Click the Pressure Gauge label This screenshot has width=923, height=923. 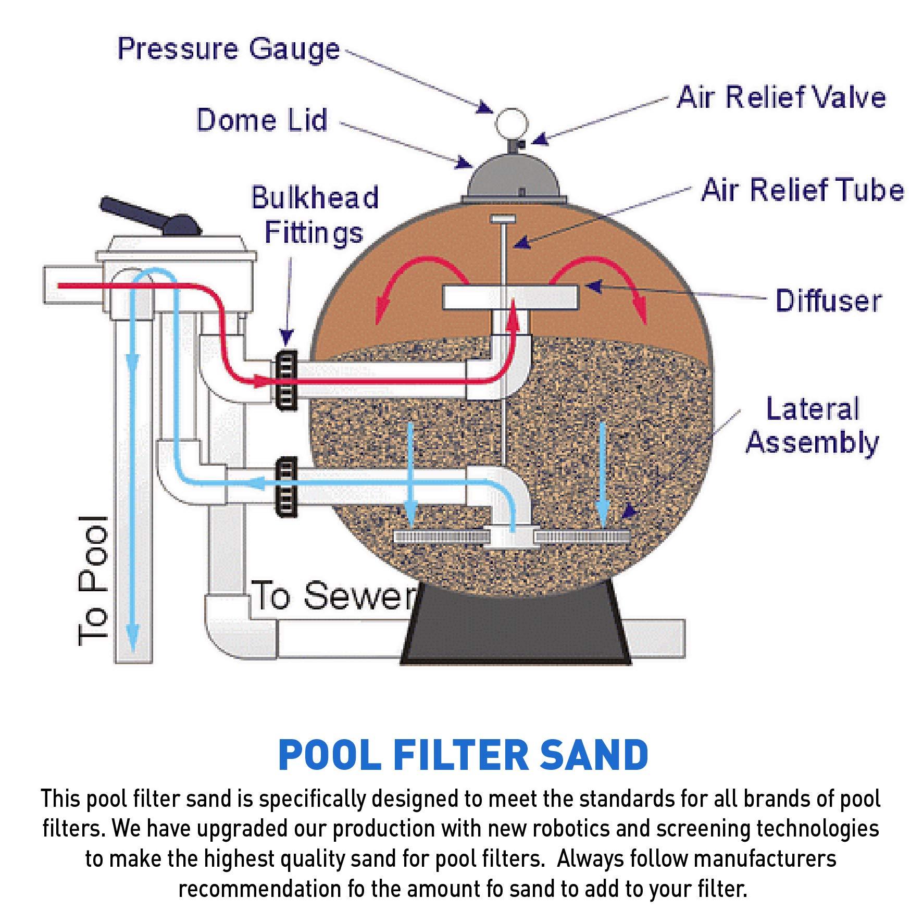pos(228,49)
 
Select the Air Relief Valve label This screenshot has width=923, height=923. pos(781,97)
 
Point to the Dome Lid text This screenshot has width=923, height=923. pos(262,120)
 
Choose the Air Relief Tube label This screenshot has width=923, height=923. pos(802,190)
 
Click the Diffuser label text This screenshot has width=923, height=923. pos(828,301)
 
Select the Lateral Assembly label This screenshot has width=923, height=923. pos(812,426)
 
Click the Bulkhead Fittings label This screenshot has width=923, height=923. pos(315,214)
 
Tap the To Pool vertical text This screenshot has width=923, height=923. pos(94,581)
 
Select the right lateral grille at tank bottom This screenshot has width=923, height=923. pos(582,537)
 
